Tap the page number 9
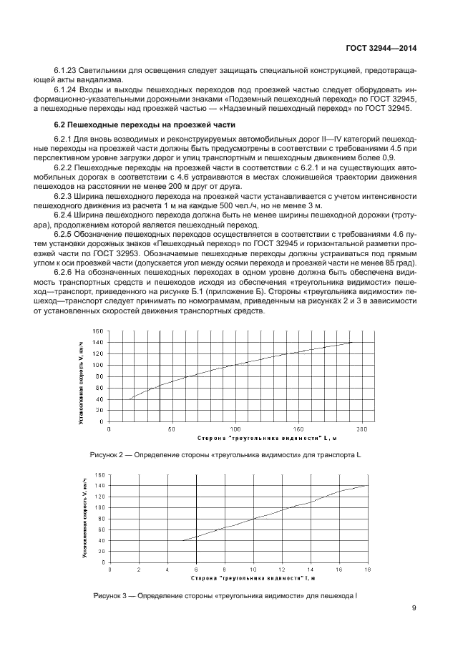click(414, 609)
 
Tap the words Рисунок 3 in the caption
click(111, 595)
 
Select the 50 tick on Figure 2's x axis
click(172, 429)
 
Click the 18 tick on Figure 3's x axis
click(369, 570)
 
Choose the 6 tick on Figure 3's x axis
click(195, 570)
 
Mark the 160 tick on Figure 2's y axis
click(98, 331)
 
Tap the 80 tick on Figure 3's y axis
click(100, 518)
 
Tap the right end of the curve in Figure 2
click(352, 342)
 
